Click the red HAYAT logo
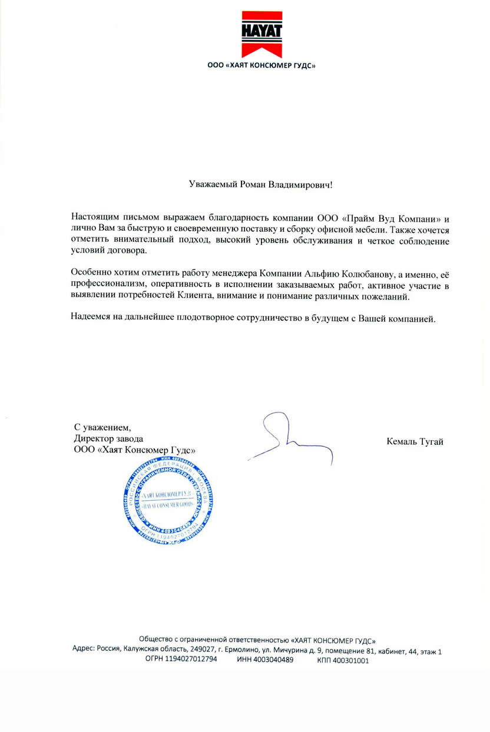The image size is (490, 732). point(262,34)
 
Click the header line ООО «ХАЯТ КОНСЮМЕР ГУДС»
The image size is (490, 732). point(262,66)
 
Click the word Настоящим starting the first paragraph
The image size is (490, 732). point(94,217)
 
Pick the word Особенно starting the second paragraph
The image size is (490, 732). point(90,272)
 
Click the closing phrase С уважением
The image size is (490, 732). point(100,427)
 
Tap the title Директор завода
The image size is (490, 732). point(108,438)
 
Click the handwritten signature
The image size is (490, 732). point(289,438)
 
